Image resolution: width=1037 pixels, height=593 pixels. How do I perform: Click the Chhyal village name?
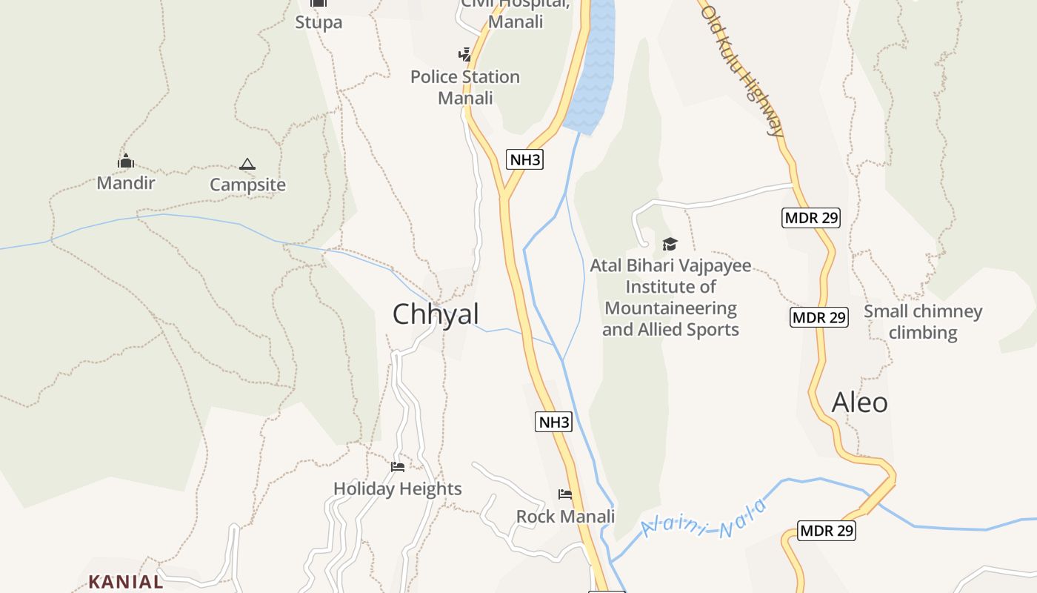pos(436,314)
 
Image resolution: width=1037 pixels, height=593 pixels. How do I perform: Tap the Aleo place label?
pos(859,402)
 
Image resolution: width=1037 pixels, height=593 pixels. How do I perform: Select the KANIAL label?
pos(126,582)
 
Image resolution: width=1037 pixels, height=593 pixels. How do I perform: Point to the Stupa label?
pos(319,22)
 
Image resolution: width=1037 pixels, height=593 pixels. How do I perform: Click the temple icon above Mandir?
pos(125,161)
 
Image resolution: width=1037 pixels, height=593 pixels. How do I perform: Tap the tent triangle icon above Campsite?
pos(247,164)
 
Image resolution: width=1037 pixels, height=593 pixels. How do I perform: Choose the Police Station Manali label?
pos(465,87)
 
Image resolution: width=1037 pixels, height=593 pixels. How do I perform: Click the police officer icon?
pos(464,54)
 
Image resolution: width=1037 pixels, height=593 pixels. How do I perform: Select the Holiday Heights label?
pos(398,489)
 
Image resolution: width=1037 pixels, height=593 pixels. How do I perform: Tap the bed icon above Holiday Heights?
pos(398,467)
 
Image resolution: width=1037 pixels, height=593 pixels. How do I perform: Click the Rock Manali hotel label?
pos(565,517)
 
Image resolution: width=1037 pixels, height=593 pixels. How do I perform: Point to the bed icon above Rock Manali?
pos(565,494)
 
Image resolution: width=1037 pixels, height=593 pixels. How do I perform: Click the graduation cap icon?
pos(670,244)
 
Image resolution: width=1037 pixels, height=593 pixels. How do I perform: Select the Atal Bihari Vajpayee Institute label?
pos(670,297)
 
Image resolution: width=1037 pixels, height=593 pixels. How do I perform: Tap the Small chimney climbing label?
pos(923,322)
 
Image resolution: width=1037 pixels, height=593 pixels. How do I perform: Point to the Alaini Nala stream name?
pos(704,519)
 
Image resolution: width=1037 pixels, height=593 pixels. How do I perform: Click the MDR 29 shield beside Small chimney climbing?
pos(818,318)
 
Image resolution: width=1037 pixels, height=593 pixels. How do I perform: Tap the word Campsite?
pos(247,185)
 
